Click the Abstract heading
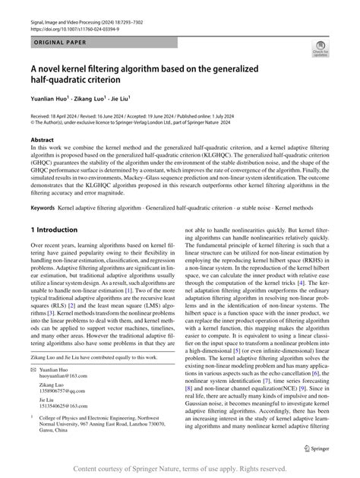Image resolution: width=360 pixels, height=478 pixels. (42, 141)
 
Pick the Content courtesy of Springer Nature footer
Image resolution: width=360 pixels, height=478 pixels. (179, 468)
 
